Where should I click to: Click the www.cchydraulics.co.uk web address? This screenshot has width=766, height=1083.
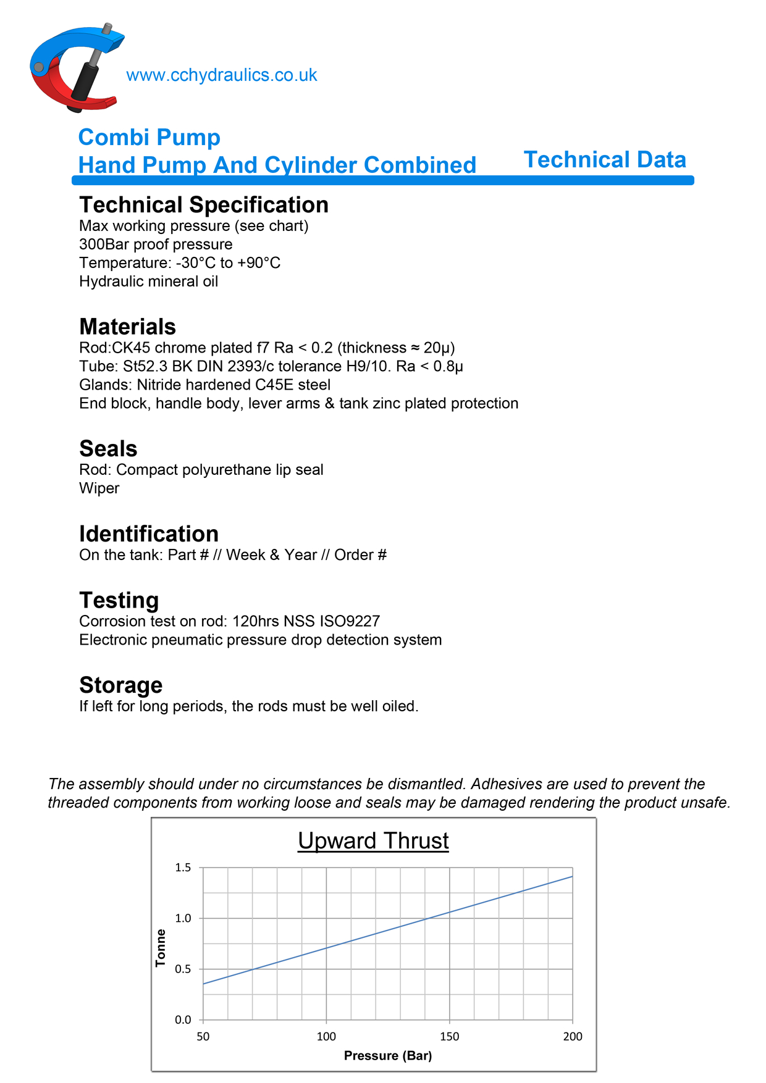[221, 75]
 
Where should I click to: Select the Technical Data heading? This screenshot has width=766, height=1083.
[605, 160]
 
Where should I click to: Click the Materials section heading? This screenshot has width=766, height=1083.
[127, 327]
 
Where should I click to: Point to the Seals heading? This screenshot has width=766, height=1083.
[108, 449]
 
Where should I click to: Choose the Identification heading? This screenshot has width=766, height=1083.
[149, 534]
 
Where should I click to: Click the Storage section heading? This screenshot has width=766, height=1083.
[121, 685]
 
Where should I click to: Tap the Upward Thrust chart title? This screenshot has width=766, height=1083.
[373, 841]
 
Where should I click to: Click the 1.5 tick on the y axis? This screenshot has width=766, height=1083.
[183, 868]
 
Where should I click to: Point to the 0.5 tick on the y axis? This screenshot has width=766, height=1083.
[183, 969]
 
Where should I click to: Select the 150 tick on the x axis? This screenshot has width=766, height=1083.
[449, 1037]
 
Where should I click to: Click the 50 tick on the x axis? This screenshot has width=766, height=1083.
[203, 1037]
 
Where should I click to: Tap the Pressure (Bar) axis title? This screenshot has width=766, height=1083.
[388, 1056]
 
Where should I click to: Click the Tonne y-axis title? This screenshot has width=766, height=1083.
[161, 948]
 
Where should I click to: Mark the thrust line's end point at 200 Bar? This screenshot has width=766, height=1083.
[572, 876]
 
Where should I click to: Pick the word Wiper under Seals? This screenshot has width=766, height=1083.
[99, 488]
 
